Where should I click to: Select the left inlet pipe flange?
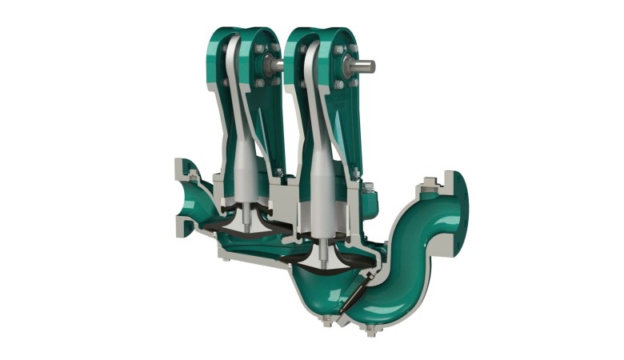(x=183, y=197)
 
